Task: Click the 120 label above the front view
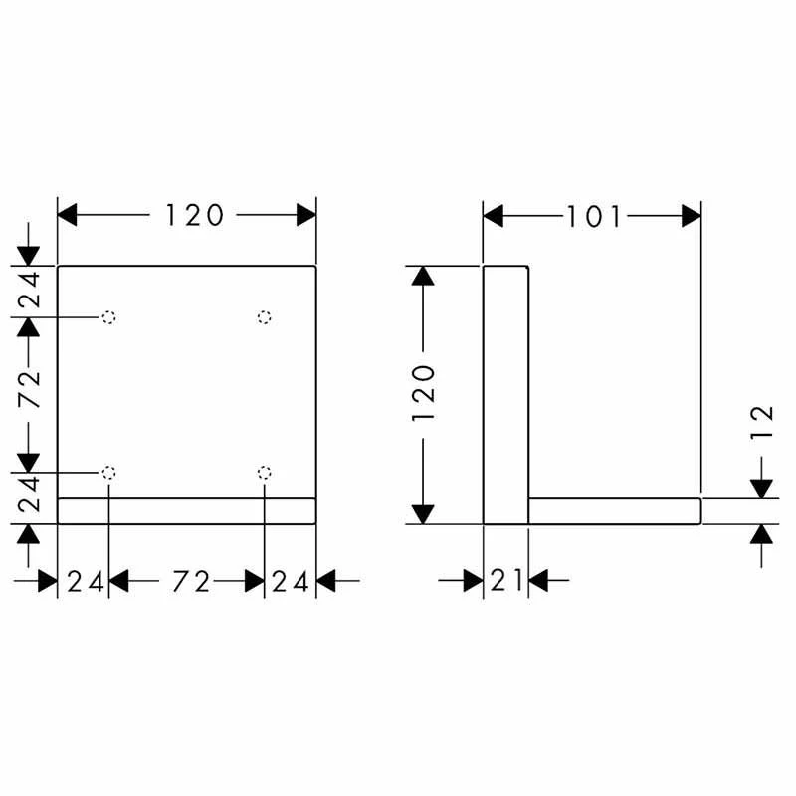(x=194, y=215)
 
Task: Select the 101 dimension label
(x=594, y=217)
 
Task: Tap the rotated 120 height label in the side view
(x=424, y=393)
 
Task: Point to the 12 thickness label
(x=762, y=422)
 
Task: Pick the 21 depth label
(x=506, y=581)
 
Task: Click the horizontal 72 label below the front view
(x=191, y=582)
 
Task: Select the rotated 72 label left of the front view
(x=30, y=389)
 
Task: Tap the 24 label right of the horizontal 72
(x=290, y=582)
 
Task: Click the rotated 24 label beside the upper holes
(x=30, y=290)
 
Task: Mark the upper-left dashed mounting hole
(x=108, y=317)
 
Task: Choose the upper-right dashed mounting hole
(x=264, y=317)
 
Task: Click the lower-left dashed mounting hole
(x=108, y=473)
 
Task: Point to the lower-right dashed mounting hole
(x=264, y=473)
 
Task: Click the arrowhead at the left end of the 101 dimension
(x=493, y=216)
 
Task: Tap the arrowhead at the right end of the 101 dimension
(x=692, y=216)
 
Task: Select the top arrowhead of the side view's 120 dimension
(x=423, y=276)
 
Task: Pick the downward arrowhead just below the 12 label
(x=761, y=489)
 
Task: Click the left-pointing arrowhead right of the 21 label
(x=538, y=581)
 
